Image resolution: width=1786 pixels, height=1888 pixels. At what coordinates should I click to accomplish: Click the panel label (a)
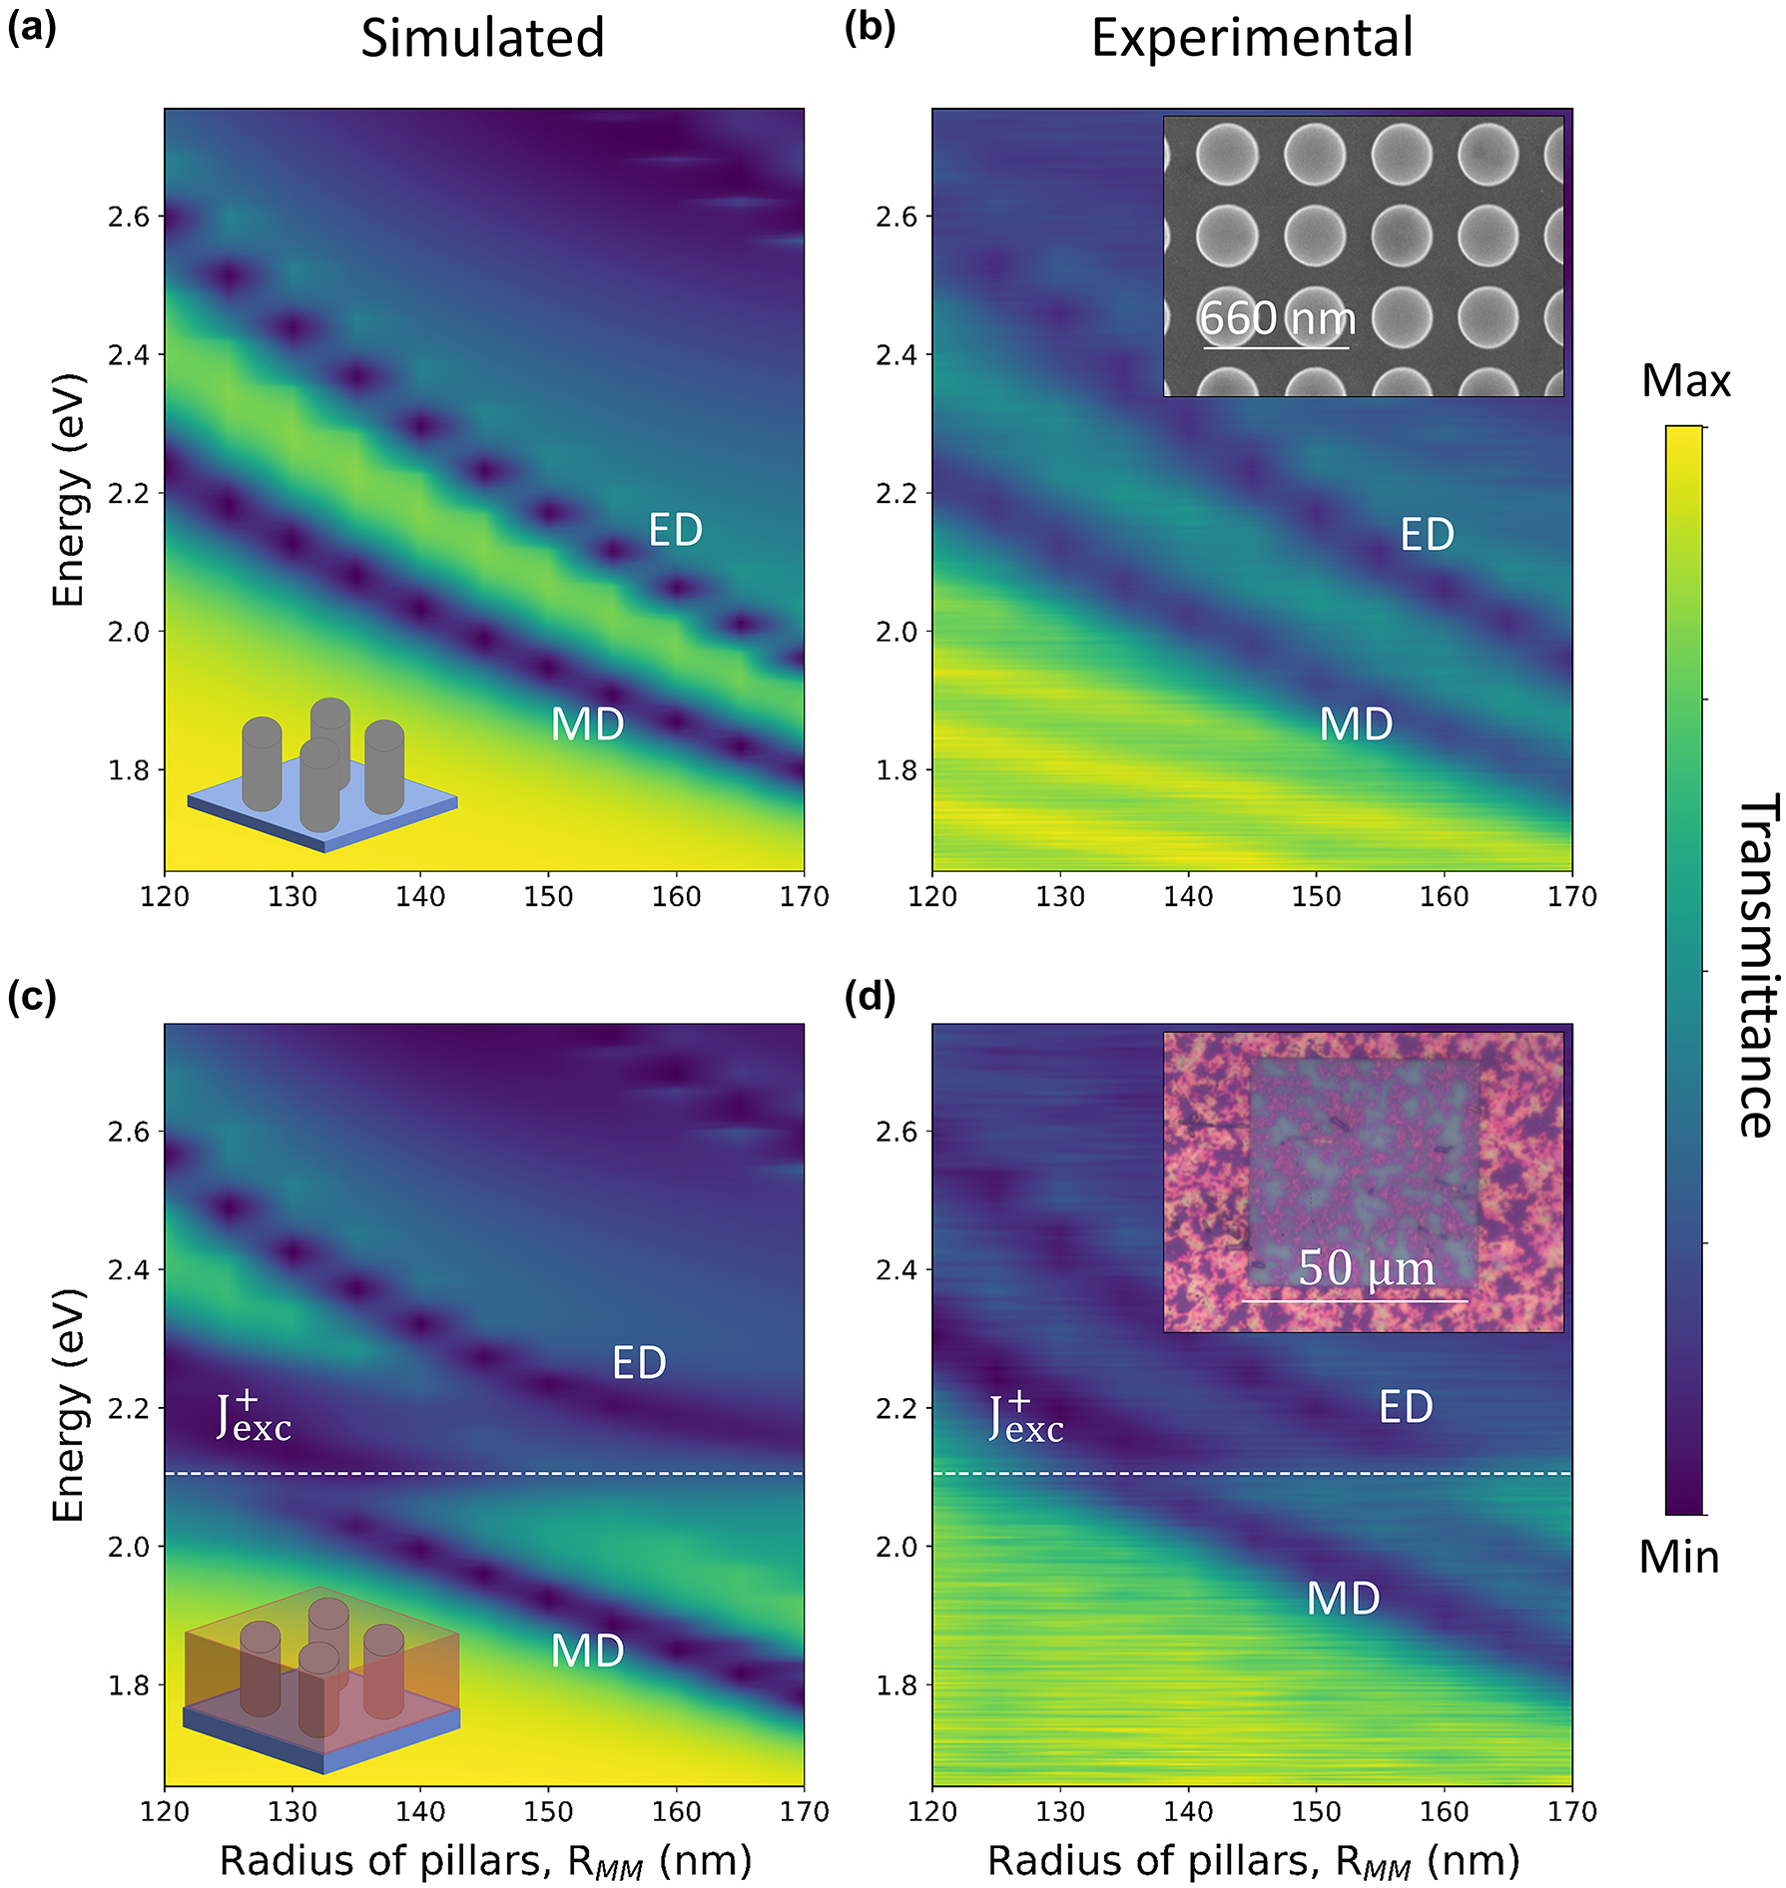pyautogui.click(x=31, y=29)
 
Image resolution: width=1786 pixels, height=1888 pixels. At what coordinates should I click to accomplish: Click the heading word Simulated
pyautogui.click(x=482, y=39)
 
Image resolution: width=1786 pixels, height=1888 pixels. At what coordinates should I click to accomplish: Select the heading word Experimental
pyautogui.click(x=1251, y=39)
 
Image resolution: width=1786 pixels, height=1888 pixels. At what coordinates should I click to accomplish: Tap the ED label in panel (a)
pyautogui.click(x=676, y=530)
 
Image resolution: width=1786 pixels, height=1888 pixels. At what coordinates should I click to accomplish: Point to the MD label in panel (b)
pyautogui.click(x=1356, y=724)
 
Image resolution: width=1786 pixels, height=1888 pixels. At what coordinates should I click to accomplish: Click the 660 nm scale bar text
pyautogui.click(x=1277, y=319)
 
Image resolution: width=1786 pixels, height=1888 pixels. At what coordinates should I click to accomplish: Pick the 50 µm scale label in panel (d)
pyautogui.click(x=1366, y=1269)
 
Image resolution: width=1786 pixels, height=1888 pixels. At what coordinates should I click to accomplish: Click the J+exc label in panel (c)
pyautogui.click(x=254, y=1418)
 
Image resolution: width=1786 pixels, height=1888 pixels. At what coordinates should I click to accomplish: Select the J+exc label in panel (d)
pyautogui.click(x=1025, y=1418)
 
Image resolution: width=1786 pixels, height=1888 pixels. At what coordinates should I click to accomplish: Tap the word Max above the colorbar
pyautogui.click(x=1685, y=381)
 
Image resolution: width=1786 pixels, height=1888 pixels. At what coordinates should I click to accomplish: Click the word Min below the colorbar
pyautogui.click(x=1679, y=1557)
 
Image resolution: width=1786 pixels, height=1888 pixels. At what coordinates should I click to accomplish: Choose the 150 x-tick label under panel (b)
pyautogui.click(x=1316, y=897)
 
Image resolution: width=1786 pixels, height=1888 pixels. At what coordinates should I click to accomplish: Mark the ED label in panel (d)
pyautogui.click(x=1406, y=1407)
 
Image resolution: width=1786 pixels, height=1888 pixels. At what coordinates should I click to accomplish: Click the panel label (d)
pyautogui.click(x=870, y=996)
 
